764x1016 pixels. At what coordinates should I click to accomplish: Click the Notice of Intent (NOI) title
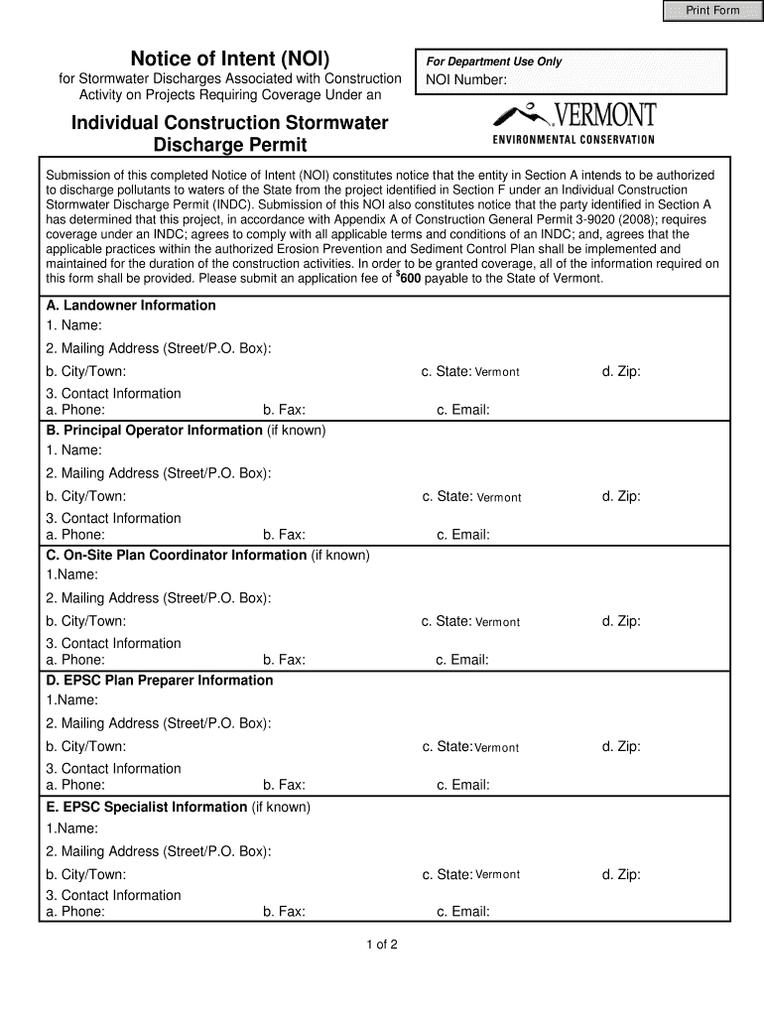(x=230, y=58)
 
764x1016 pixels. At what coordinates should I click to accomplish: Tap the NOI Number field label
(x=466, y=79)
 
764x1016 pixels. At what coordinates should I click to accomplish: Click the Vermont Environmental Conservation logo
(x=574, y=123)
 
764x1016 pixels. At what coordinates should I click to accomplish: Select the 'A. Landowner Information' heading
(x=130, y=306)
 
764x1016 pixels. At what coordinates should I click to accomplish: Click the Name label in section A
(x=73, y=325)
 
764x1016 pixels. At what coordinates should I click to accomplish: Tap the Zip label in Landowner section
(x=620, y=371)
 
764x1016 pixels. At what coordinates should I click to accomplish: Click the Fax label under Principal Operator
(x=284, y=535)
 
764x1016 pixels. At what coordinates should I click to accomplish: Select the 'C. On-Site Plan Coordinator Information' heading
(x=176, y=556)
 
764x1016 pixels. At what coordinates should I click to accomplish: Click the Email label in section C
(x=463, y=660)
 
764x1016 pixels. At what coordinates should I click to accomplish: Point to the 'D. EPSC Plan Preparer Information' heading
(x=159, y=681)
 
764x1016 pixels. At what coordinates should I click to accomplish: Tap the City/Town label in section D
(x=85, y=746)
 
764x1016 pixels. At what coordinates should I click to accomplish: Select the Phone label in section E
(x=75, y=912)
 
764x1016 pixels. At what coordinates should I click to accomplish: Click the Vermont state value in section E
(x=497, y=874)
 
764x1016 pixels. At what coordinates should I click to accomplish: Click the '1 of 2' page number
(x=381, y=945)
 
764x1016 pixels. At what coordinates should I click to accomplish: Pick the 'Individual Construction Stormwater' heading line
(x=229, y=123)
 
